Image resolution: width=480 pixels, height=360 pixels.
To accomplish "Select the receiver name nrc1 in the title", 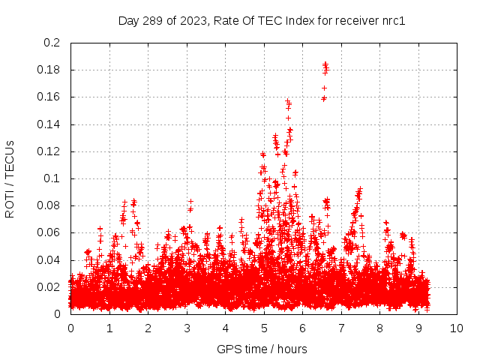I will click(x=391, y=20).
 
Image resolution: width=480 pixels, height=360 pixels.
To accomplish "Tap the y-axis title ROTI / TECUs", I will click(x=10, y=178).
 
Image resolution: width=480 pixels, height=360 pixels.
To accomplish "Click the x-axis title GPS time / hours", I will click(x=262, y=349).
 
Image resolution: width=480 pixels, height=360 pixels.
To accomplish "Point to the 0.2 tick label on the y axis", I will click(x=52, y=43).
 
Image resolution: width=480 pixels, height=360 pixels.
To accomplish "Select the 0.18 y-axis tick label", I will click(x=49, y=70).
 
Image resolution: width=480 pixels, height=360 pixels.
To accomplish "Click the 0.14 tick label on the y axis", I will click(x=49, y=124).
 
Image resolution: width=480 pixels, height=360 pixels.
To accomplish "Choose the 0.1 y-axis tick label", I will click(x=52, y=178).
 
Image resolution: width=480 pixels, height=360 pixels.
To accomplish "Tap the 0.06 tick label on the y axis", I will click(x=49, y=232).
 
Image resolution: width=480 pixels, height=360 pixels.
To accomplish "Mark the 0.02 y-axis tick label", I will click(x=49, y=287).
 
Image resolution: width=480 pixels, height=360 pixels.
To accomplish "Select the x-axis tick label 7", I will click(x=341, y=328).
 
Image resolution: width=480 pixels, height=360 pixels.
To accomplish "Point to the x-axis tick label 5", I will click(x=264, y=328).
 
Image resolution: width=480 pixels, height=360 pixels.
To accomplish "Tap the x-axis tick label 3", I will click(x=187, y=328).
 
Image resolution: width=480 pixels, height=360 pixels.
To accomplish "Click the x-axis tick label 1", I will click(x=109, y=328).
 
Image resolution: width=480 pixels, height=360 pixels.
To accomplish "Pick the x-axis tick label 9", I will click(x=418, y=328).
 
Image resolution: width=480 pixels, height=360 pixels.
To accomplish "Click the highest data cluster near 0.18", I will click(x=325, y=68).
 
